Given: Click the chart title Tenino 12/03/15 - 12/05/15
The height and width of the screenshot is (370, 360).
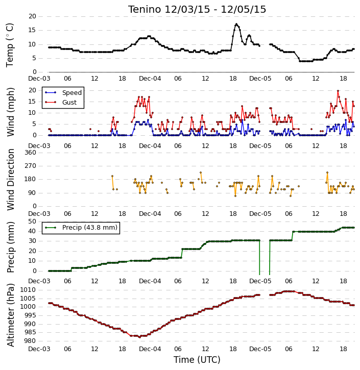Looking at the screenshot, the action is point(197,9).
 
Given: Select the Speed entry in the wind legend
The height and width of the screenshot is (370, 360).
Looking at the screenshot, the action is point(63,93).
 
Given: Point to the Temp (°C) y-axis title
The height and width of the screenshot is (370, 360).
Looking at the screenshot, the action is point(10,45).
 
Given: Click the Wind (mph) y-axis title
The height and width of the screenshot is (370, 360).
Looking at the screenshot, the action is point(11,112).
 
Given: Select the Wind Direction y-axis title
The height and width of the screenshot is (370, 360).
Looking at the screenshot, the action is point(11,179).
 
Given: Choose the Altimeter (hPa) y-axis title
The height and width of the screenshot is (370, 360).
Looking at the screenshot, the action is point(11,315).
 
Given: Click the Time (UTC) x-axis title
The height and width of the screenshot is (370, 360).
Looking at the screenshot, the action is point(197,360).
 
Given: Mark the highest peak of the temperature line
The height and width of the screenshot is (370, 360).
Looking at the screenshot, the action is point(236,24).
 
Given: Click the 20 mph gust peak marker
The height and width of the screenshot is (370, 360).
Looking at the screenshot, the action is point(338,91).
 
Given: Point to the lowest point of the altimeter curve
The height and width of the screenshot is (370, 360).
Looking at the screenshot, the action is point(139,337).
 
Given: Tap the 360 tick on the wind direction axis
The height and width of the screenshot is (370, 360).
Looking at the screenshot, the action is point(31,153).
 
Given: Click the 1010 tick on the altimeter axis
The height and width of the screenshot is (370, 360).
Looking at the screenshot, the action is point(28,290).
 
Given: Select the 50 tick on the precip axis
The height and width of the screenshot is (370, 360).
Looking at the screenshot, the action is point(32,221).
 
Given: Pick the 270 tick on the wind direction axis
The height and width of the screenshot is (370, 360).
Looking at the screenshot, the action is point(31,166).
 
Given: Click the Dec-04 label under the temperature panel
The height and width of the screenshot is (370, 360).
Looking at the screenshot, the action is point(150,79).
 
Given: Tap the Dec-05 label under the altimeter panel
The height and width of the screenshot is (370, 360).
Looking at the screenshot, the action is point(260,349).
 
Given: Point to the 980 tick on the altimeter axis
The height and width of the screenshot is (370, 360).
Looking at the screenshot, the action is point(30,341).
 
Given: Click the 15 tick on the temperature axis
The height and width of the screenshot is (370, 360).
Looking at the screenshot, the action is point(32,30).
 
